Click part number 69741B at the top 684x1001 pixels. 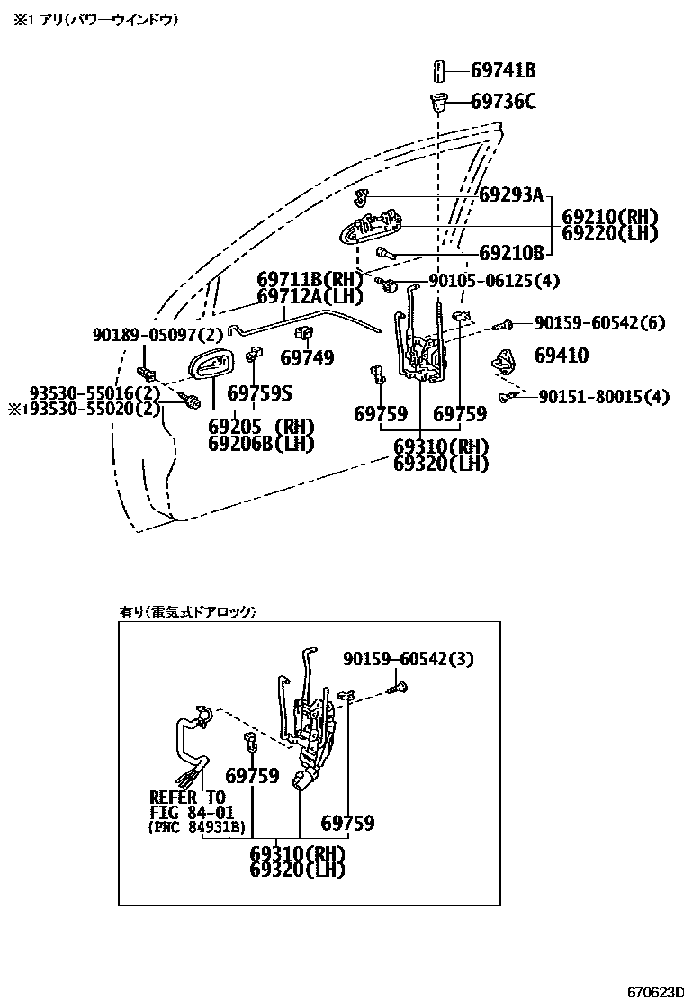pyautogui.click(x=503, y=70)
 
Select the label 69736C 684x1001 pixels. pyautogui.click(x=503, y=101)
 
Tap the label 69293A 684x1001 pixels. pyautogui.click(x=511, y=194)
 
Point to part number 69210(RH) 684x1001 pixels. pyautogui.click(x=610, y=217)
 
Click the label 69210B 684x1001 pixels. pyautogui.click(x=511, y=253)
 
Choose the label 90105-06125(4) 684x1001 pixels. pyautogui.click(x=493, y=281)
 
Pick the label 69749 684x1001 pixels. pyautogui.click(x=306, y=358)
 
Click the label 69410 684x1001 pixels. pyautogui.click(x=562, y=356)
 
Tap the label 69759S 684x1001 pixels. pyautogui.click(x=260, y=393)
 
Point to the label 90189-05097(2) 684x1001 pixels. pyautogui.click(x=157, y=335)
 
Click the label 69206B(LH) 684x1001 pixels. pyautogui.click(x=261, y=443)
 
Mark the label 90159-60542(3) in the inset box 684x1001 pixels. pyautogui.click(x=408, y=660)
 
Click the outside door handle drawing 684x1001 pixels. pyautogui.click(x=369, y=230)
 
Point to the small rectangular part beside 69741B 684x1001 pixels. pyautogui.click(x=440, y=70)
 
